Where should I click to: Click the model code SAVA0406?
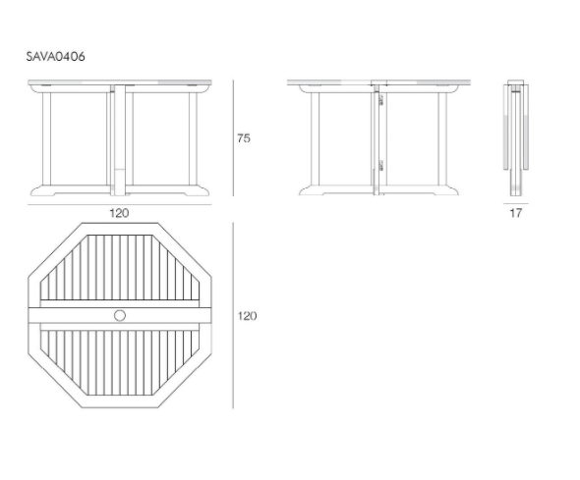(55, 57)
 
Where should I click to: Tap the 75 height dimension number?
(244, 138)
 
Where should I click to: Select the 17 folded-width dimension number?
(516, 213)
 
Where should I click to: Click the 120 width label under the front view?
(119, 213)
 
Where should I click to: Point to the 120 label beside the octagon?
(247, 316)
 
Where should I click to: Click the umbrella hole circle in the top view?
(120, 316)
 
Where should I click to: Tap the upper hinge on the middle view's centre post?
(380, 100)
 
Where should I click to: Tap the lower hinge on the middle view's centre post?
(380, 166)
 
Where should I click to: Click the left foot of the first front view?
(43, 190)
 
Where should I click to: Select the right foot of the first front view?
(196, 190)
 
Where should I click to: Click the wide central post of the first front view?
(120, 140)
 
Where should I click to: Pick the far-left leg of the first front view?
(46, 138)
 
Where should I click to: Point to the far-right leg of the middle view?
(442, 138)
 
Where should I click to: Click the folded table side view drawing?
(516, 137)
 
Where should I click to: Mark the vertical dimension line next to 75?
(233, 138)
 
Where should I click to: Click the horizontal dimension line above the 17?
(516, 203)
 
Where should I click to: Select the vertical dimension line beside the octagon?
(233, 315)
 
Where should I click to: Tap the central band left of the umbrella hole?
(71, 316)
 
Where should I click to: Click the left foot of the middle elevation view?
(312, 190)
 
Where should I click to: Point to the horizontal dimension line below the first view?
(120, 204)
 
